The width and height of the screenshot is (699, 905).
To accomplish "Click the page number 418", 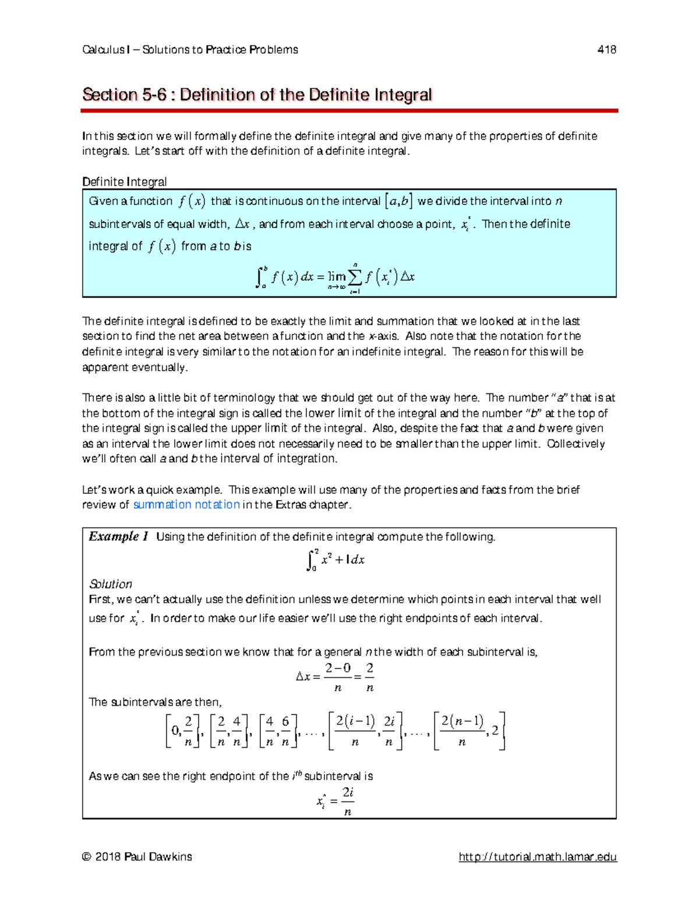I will pyautogui.click(x=606, y=50).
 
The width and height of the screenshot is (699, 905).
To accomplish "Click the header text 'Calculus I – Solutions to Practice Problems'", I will pyautogui.click(x=190, y=50).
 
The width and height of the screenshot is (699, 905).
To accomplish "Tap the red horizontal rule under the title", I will pyautogui.click(x=349, y=110).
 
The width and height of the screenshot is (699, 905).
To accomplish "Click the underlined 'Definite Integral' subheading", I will pyautogui.click(x=125, y=182).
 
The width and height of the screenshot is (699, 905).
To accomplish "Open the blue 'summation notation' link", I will pyautogui.click(x=186, y=505).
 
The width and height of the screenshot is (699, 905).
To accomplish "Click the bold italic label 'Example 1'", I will pyautogui.click(x=118, y=537).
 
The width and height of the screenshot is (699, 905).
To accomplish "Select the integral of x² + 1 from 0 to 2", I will pyautogui.click(x=336, y=560).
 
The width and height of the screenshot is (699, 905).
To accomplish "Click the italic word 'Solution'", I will pyautogui.click(x=110, y=584).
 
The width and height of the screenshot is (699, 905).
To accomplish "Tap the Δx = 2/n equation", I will pyautogui.click(x=335, y=677).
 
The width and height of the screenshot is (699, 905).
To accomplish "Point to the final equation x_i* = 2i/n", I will pyautogui.click(x=336, y=801).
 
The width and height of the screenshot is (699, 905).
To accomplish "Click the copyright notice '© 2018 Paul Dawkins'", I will pyautogui.click(x=137, y=857).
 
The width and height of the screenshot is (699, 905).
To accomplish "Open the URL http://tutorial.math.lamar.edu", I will pyautogui.click(x=538, y=857).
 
